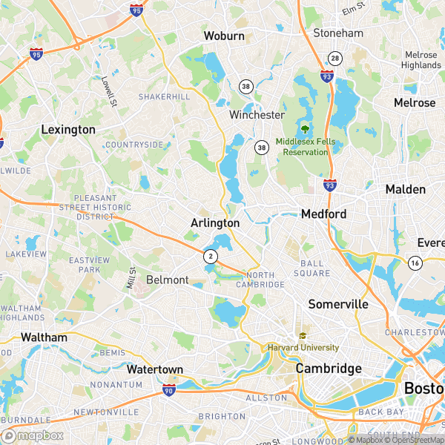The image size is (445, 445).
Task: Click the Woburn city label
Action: click(223, 36)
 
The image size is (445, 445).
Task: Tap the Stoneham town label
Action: click(338, 33)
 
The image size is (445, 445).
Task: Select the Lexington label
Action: click(68, 129)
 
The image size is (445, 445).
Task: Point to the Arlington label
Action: click(215, 222)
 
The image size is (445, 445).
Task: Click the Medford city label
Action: click(323, 214)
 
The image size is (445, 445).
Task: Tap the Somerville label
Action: click(338, 304)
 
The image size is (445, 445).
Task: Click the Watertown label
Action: click(154, 369)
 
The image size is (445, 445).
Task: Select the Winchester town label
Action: click(257, 115)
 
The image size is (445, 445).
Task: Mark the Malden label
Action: click(406, 190)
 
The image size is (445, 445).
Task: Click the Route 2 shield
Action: click(211, 256)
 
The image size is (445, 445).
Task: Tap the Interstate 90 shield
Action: click(169, 389)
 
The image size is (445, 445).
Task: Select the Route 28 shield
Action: click(335, 58)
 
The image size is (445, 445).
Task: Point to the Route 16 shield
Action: click(415, 263)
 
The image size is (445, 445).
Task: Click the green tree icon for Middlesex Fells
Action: click(304, 129)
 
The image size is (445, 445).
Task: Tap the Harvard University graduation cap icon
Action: click(303, 336)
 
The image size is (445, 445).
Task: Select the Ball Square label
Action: click(316, 268)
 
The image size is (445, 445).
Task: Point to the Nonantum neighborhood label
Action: click(116, 385)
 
